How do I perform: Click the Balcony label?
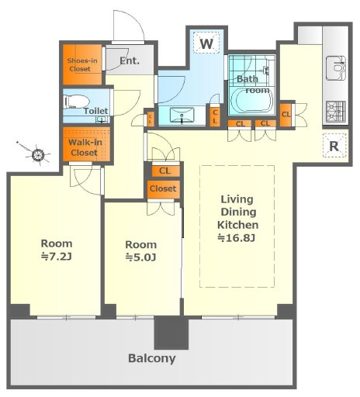(x=152, y=358)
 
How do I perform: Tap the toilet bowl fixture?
(x=77, y=102)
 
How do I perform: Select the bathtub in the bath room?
(x=252, y=100)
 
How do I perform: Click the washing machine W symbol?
(x=206, y=43)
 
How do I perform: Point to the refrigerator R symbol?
(x=334, y=146)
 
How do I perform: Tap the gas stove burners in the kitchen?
(x=336, y=111)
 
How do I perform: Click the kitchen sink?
(x=336, y=67)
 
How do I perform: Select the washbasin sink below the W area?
(x=182, y=116)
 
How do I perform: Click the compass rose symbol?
(x=38, y=154)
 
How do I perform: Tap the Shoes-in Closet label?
(x=82, y=65)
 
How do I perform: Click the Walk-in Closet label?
(x=85, y=147)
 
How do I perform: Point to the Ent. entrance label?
(x=130, y=61)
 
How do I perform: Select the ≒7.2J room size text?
(x=57, y=257)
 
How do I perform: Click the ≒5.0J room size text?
(x=140, y=257)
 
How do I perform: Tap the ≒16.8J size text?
(x=237, y=237)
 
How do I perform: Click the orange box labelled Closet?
(x=163, y=188)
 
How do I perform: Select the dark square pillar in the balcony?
(x=171, y=333)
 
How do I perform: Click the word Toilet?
(x=95, y=111)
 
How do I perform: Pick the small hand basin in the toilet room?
(x=102, y=119)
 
